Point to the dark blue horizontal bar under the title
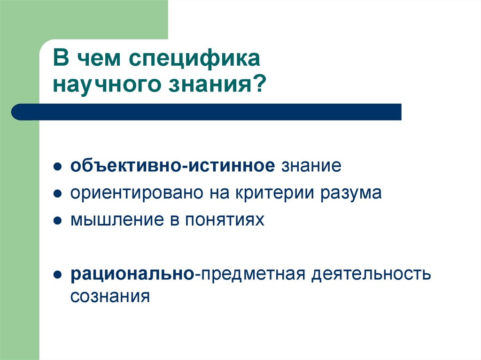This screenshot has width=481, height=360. click(207, 112)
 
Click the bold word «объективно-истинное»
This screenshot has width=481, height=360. click(172, 166)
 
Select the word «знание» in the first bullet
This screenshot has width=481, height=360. click(310, 166)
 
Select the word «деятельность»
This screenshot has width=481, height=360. click(370, 274)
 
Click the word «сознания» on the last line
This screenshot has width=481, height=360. click(110, 297)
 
